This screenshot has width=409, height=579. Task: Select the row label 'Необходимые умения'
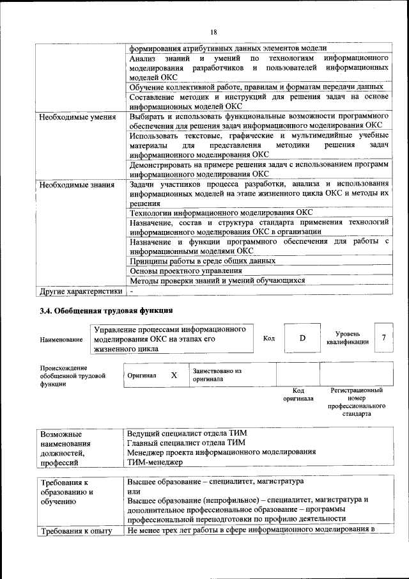tap(77, 117)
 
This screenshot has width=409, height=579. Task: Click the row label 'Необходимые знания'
tap(77, 185)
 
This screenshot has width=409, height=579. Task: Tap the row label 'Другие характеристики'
tap(80, 291)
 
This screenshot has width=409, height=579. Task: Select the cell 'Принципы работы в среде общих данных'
tap(202, 261)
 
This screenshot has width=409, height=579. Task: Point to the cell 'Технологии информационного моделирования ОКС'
tap(220, 213)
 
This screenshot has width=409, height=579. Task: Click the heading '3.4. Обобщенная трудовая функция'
tap(106, 312)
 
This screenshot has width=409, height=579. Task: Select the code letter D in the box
tap(302, 338)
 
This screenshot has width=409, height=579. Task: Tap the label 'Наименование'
tap(61, 339)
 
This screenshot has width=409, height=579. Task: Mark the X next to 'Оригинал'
tap(174, 376)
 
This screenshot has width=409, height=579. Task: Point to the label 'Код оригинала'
tap(298, 394)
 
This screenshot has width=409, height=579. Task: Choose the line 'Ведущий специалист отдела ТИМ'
tap(187, 432)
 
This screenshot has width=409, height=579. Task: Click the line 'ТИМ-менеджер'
tap(155, 461)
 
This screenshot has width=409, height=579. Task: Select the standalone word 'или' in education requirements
tap(134, 490)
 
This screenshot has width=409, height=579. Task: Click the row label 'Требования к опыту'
tap(76, 531)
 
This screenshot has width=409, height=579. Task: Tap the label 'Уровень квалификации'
tap(347, 338)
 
